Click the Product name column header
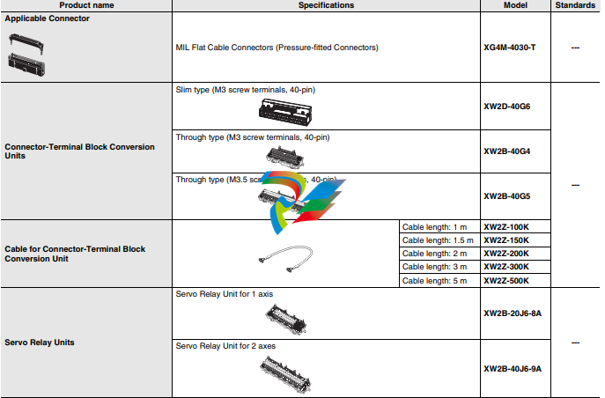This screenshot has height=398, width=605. pyautogui.click(x=85, y=5)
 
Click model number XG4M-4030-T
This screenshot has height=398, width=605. pyautogui.click(x=510, y=47)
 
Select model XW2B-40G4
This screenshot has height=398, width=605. pyautogui.click(x=507, y=151)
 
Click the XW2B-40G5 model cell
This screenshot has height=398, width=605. pyautogui.click(x=507, y=196)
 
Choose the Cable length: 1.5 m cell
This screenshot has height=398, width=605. pyautogui.click(x=438, y=240)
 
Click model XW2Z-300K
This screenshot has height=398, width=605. pyautogui.click(x=506, y=267)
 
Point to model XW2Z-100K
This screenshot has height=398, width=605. pyautogui.click(x=506, y=227)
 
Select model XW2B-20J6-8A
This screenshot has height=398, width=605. pyautogui.click(x=513, y=313)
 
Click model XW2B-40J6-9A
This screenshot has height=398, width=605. pyautogui.click(x=513, y=367)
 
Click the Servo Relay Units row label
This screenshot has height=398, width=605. pyautogui.click(x=40, y=342)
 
